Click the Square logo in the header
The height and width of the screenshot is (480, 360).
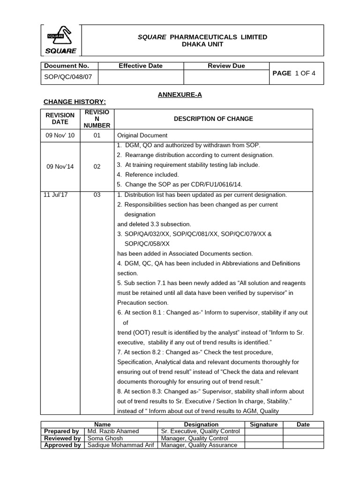[61, 40]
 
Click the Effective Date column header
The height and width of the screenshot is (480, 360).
[140, 66]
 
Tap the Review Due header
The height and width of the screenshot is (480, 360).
[226, 66]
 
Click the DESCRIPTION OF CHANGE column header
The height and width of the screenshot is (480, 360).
[213, 119]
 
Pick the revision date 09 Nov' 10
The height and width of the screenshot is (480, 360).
[60, 135]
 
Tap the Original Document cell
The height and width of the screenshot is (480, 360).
[142, 135]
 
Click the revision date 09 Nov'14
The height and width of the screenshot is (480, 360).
[60, 166]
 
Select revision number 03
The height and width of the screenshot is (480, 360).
[97, 195]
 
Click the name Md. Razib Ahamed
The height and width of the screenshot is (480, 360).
[113, 431]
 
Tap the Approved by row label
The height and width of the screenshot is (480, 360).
[62, 445]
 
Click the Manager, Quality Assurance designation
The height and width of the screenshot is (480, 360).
[199, 445]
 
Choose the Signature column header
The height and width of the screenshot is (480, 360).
[264, 425]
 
